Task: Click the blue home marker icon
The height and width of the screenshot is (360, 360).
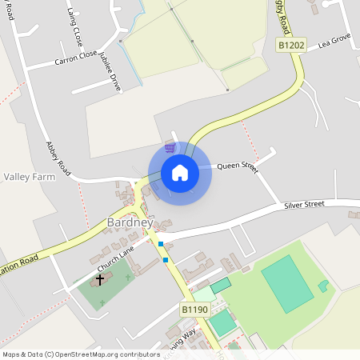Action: pyautogui.click(x=180, y=173)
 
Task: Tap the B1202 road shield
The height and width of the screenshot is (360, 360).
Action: pyautogui.click(x=291, y=46)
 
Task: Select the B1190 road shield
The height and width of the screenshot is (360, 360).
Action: pyautogui.click(x=194, y=309)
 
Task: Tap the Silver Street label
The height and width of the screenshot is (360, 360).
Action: pyautogui.click(x=304, y=205)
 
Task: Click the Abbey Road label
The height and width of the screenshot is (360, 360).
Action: pyautogui.click(x=58, y=159)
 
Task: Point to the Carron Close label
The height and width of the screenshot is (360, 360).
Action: pyautogui.click(x=75, y=60)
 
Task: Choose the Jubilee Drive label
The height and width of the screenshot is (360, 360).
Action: pyautogui.click(x=110, y=70)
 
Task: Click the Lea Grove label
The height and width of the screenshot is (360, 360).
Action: pyautogui.click(x=334, y=40)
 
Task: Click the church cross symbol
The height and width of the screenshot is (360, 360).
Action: pyautogui.click(x=100, y=279)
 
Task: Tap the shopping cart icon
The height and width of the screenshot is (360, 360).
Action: pyautogui.click(x=169, y=147)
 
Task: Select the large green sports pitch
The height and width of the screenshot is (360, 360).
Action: pyautogui.click(x=287, y=283)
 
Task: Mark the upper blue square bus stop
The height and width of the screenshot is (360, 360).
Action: pyautogui.click(x=161, y=244)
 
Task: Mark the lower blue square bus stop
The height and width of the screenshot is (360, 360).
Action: pyautogui.click(x=166, y=259)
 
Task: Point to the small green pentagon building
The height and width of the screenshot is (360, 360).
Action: pyautogui.click(x=323, y=286)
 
